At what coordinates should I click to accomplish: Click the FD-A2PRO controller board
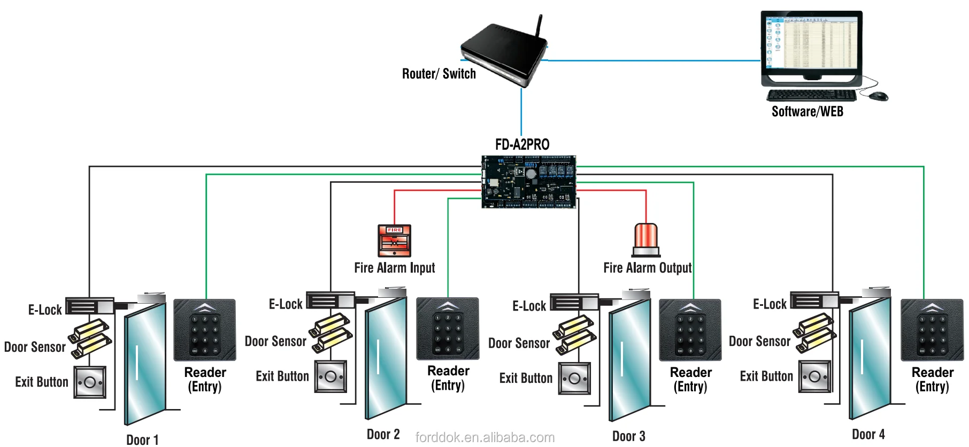click(529, 182)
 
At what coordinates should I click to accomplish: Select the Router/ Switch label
click(439, 74)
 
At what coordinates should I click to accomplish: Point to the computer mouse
click(878, 96)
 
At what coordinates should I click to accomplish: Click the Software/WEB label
click(807, 112)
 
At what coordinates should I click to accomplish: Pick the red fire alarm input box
click(395, 241)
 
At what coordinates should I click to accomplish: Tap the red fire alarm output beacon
click(646, 240)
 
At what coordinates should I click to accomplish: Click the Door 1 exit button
click(90, 383)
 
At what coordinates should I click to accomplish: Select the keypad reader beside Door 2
click(448, 329)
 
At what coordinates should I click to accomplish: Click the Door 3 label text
click(628, 436)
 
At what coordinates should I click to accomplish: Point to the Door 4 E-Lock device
click(813, 301)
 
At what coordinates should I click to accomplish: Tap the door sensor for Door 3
click(575, 335)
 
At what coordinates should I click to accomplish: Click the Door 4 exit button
click(815, 376)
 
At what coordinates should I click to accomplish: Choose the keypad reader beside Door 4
click(932, 330)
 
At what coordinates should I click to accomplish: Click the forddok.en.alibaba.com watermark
click(484, 437)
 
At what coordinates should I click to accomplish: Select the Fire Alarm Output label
click(647, 268)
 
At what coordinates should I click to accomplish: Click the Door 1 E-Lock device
click(89, 306)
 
